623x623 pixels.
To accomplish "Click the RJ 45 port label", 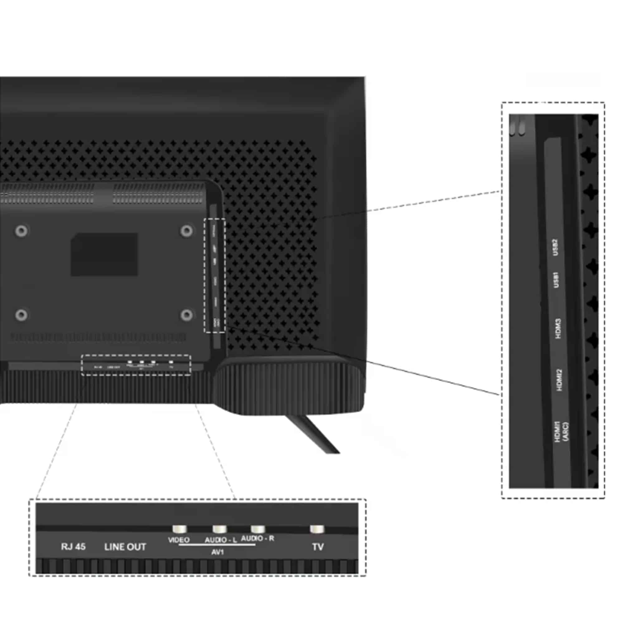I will pyautogui.click(x=73, y=547).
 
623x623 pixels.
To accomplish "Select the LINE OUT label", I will pyautogui.click(x=125, y=547).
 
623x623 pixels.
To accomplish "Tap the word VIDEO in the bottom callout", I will pyautogui.click(x=178, y=540).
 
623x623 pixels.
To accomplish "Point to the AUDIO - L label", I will pyautogui.click(x=221, y=540).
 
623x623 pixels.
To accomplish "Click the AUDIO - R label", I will pyautogui.click(x=257, y=538).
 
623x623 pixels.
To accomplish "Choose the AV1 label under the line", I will pyautogui.click(x=217, y=552).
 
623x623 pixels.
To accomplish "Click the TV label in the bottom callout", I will pyautogui.click(x=318, y=547).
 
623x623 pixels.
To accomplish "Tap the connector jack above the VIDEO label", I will pyautogui.click(x=179, y=529).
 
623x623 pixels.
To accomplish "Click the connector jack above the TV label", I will pyautogui.click(x=317, y=529).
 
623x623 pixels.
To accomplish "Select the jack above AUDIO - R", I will pyautogui.click(x=258, y=529).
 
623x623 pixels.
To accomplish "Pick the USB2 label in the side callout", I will pyautogui.click(x=555, y=247).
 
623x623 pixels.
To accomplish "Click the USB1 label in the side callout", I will pyautogui.click(x=556, y=280).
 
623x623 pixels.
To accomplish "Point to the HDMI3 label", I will pyautogui.click(x=558, y=329).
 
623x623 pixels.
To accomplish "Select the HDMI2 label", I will pyautogui.click(x=559, y=380).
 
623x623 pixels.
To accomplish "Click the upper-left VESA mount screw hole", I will pyautogui.click(x=21, y=231).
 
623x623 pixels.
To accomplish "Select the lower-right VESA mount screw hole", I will pyautogui.click(x=186, y=315).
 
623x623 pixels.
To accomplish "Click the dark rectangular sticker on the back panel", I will pyautogui.click(x=104, y=254).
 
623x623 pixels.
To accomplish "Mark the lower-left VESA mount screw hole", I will pyautogui.click(x=21, y=314).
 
